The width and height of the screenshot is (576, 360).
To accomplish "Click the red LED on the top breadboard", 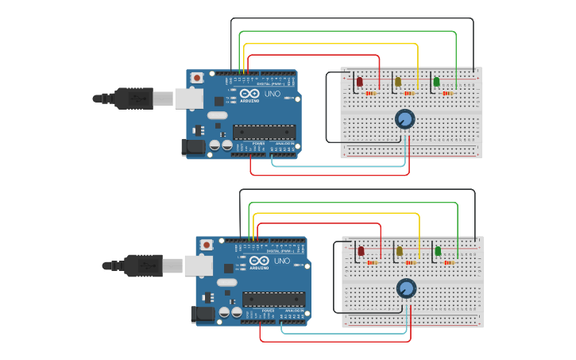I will (359, 82).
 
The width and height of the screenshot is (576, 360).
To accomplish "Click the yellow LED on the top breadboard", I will (397, 82).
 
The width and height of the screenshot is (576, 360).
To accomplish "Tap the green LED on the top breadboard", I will (436, 82).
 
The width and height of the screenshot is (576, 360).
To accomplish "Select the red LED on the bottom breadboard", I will (361, 251).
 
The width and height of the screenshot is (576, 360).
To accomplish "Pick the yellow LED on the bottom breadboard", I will (399, 251).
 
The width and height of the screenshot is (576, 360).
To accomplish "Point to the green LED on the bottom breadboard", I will (438, 251).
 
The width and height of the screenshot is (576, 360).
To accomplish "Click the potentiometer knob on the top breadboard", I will (405, 119).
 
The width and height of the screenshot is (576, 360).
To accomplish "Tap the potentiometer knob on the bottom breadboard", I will (407, 288).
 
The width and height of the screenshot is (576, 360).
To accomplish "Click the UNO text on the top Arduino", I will (273, 94).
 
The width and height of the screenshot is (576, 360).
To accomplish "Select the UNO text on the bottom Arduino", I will (282, 261).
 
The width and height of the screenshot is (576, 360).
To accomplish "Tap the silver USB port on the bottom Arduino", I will (199, 265).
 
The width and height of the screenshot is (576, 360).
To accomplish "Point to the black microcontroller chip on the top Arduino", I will (264, 132).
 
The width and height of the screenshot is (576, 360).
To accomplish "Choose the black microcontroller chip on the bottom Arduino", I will (273, 300).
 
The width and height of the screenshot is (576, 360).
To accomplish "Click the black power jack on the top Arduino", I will (192, 146).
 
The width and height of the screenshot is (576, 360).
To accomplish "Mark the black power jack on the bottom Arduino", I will (203, 314).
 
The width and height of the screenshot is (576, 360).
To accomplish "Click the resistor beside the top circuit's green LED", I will (447, 93).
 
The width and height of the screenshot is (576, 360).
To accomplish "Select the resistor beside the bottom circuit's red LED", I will (372, 262).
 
